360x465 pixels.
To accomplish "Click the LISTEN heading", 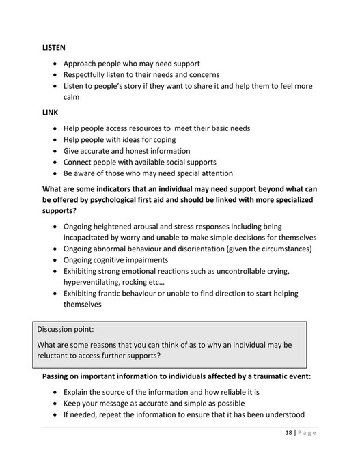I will [x=54, y=48].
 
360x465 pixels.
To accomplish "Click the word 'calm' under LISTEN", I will [x=72, y=97].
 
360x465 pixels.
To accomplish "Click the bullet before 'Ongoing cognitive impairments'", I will [x=55, y=259].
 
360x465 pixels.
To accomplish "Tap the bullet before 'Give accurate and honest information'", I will [x=55, y=151].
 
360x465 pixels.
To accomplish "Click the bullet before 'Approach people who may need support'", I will [x=55, y=63].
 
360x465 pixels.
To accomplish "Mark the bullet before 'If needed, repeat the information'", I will [x=55, y=414].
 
